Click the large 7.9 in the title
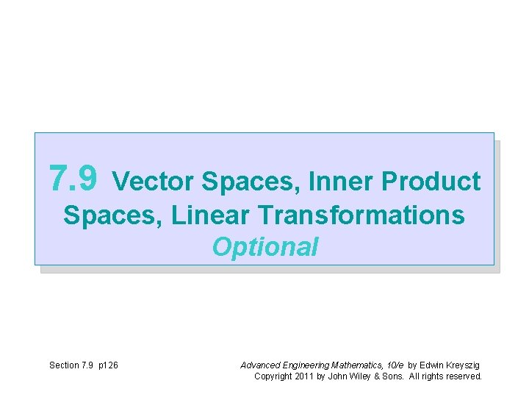coord(72,179)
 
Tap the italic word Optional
coord(265,248)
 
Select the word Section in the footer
coord(65,365)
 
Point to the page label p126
coord(107,365)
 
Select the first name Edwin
coord(432,365)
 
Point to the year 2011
coord(304,376)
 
